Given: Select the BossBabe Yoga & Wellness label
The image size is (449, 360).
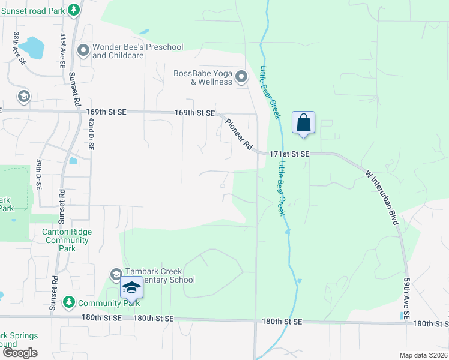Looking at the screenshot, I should pos(202,77).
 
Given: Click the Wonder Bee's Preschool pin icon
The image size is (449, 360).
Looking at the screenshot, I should pos(83,50).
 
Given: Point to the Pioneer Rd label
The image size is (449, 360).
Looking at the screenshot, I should pos(238,134).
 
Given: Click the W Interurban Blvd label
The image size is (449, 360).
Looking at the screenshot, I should pos(382,197).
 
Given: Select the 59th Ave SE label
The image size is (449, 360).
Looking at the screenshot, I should pos(407,298).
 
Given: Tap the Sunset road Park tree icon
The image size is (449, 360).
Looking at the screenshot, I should pos(73,10).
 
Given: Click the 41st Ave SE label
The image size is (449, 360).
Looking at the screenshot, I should pos(62,50).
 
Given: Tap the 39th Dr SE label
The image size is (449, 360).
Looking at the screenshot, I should pos(38,175).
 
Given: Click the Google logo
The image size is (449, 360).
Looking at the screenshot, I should pos(20,353).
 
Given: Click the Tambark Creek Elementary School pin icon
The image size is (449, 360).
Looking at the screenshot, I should pos(116,275).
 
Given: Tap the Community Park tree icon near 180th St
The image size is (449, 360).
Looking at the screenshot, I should pos(70,302).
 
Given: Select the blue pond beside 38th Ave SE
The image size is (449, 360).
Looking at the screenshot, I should pos(34,48).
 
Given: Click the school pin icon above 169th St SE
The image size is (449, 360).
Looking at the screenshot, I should pos(23,97).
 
